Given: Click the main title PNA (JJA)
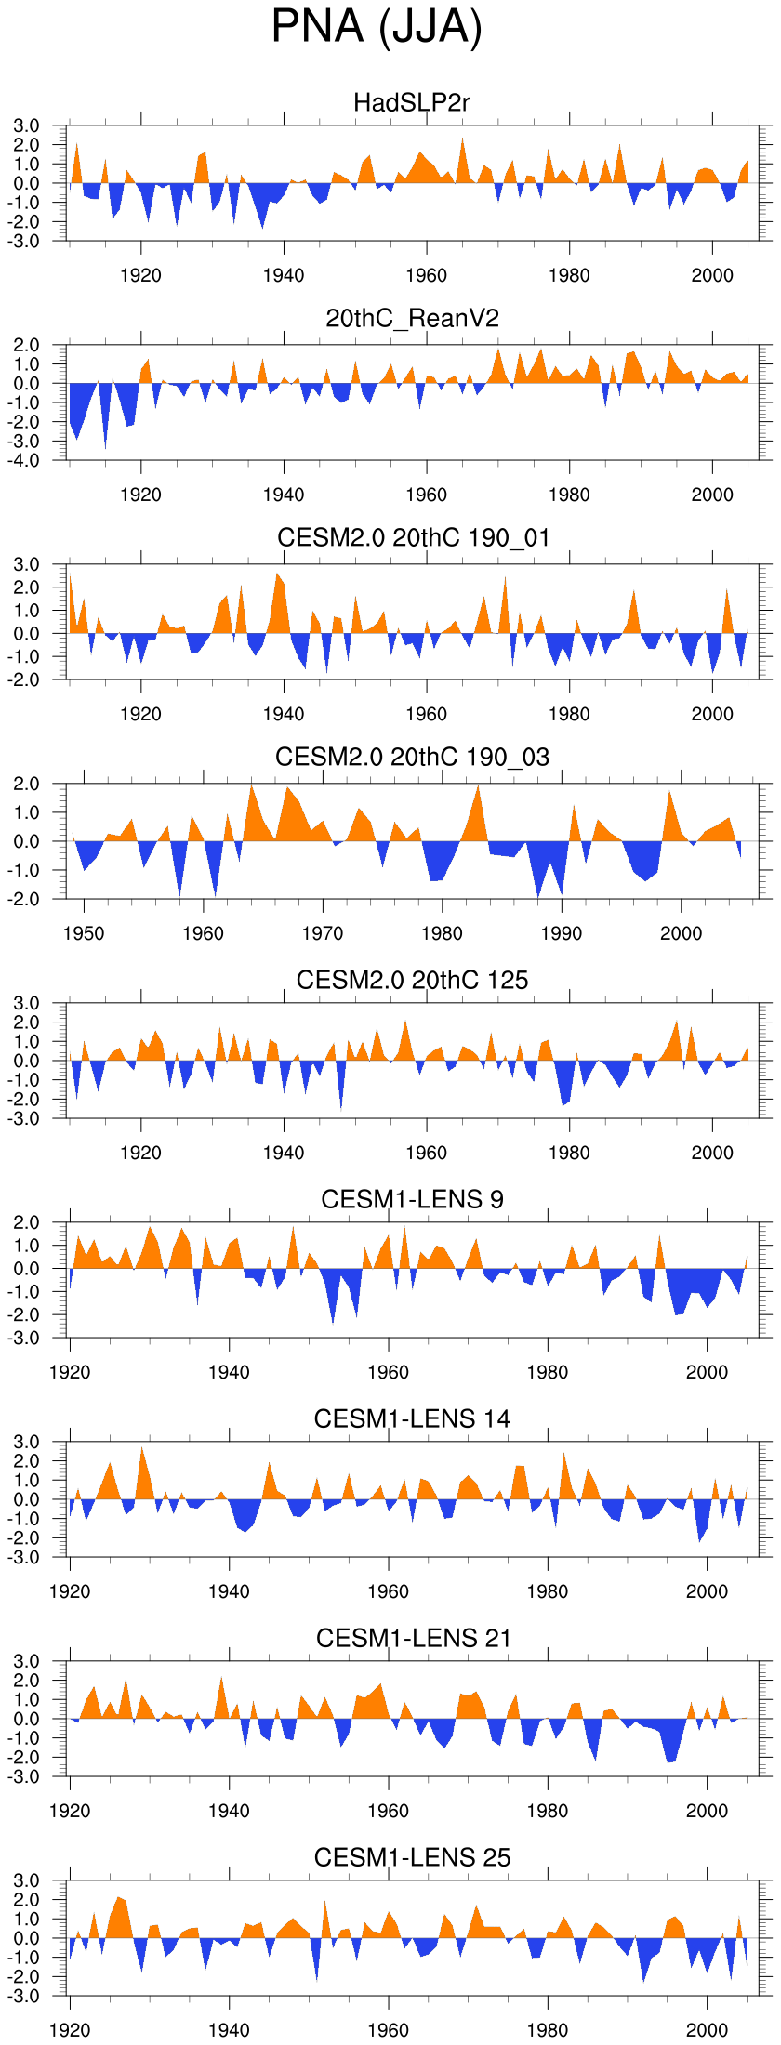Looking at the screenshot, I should click(377, 27).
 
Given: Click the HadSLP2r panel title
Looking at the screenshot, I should click(412, 102).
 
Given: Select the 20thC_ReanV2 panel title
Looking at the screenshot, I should click(412, 319).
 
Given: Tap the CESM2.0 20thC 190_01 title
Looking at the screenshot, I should click(413, 538).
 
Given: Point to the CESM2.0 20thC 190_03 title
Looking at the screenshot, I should click(412, 758).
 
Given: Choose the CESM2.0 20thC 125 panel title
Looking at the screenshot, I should click(412, 980).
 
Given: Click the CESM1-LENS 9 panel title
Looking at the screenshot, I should click(412, 1199).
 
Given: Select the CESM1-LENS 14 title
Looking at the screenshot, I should click(412, 1418).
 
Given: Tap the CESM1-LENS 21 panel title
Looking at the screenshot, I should click(413, 1638).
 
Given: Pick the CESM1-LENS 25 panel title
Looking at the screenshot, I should click(412, 1857).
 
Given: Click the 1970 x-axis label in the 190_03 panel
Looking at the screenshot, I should click(323, 933).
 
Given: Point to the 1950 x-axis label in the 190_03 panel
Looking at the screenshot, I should click(84, 933).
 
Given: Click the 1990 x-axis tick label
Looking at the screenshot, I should click(562, 933).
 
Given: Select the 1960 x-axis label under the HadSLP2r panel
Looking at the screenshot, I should click(427, 275).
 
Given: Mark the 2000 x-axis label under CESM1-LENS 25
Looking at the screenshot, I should click(707, 2030).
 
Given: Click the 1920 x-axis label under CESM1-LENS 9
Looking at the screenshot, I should click(70, 1372).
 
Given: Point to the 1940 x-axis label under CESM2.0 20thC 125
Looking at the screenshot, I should click(284, 1153).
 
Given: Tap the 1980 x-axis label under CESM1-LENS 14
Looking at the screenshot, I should click(548, 1591).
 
